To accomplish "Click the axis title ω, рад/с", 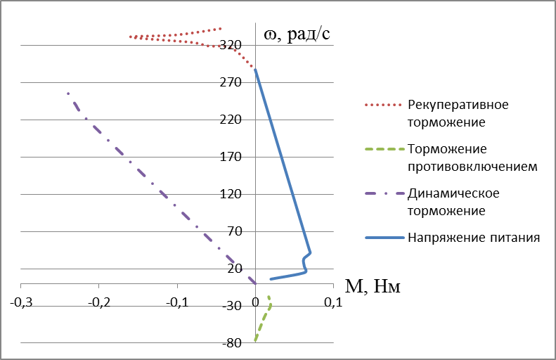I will click(297, 33).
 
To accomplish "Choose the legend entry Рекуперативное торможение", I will click(458, 112).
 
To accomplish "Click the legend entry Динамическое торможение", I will click(458, 201).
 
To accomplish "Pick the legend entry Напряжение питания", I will click(473, 237).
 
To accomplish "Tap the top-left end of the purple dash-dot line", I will click(68, 94).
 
